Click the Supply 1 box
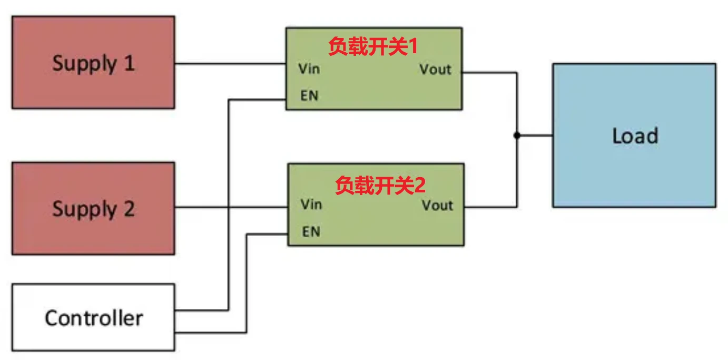point(93,62)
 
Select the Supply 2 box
point(93,208)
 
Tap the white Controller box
point(93,317)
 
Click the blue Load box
point(634,135)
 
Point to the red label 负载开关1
point(372,47)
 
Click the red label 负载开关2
point(380,186)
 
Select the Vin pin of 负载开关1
point(309,69)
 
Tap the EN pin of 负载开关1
point(309,96)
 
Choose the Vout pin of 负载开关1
point(435,69)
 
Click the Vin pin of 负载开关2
point(311,204)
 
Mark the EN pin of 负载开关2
point(311,231)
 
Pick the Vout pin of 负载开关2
point(437,205)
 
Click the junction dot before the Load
point(517,135)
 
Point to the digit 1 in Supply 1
point(129,63)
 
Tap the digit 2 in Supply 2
point(129,209)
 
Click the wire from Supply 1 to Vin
point(230,64)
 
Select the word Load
point(635,136)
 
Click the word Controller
point(94,318)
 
